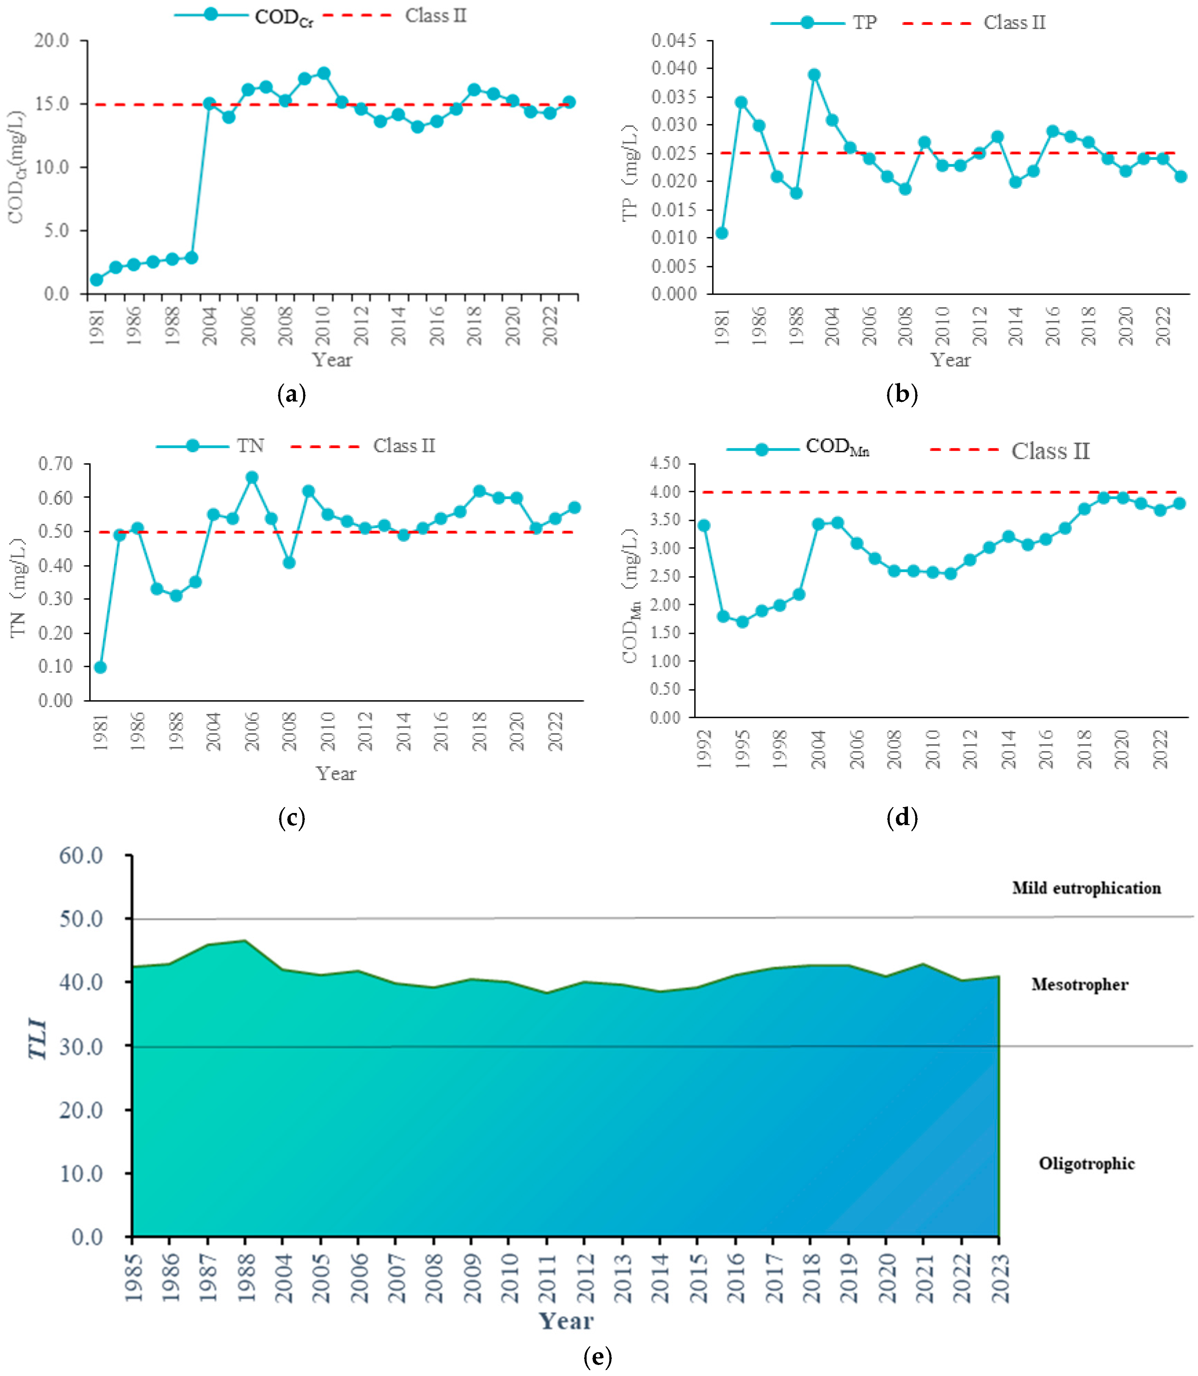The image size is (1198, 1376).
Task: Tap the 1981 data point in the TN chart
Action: (100, 667)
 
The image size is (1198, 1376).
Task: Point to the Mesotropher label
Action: (1079, 984)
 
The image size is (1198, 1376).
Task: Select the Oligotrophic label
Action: (1086, 1164)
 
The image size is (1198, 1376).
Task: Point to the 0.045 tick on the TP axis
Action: (674, 41)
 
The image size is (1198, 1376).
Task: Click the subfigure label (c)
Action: (291, 817)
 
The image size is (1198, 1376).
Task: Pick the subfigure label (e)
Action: (597, 1357)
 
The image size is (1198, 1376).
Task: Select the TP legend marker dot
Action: (807, 23)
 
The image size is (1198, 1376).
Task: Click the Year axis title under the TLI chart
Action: (566, 1321)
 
